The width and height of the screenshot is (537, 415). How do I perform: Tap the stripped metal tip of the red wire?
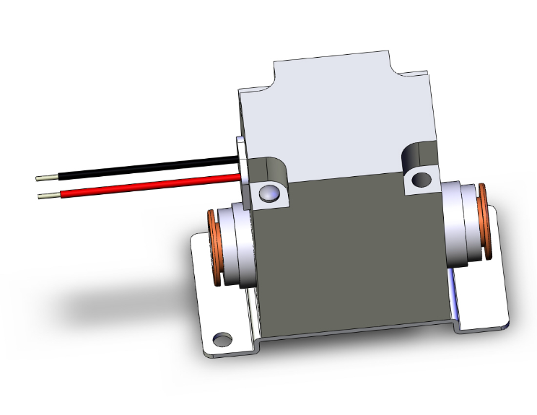[48, 195]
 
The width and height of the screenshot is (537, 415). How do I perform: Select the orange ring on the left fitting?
[214, 249]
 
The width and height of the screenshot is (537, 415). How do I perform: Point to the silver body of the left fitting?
[238, 245]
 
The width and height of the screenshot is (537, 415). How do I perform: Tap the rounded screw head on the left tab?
[267, 193]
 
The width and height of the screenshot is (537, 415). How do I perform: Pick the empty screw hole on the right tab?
[418, 178]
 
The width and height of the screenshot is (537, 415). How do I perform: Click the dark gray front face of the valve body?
[346, 253]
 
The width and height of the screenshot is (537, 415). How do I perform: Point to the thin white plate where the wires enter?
[243, 173]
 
